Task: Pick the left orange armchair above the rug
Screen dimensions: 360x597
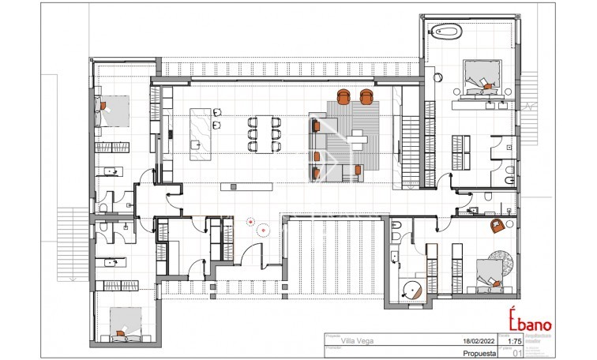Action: (x=344, y=96)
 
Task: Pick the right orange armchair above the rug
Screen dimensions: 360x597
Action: (x=366, y=96)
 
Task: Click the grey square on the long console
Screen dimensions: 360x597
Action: (x=233, y=186)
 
